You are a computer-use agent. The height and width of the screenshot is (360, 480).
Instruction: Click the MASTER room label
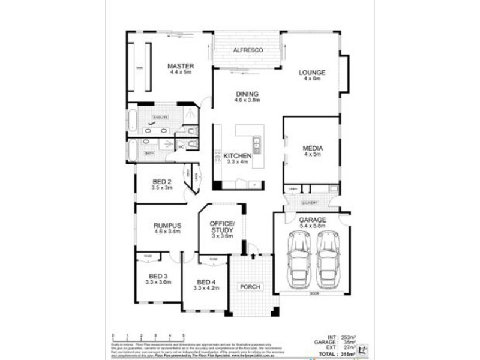(x=179, y=66)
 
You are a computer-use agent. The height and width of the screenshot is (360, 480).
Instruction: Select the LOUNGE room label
(x=312, y=72)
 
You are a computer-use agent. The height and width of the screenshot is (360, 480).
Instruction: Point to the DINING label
(x=247, y=94)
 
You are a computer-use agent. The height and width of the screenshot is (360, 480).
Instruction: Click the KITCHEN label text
(x=237, y=156)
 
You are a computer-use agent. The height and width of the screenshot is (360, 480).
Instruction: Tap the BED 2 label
(x=162, y=182)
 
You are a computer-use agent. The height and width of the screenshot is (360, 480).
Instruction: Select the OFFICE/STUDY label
(x=221, y=227)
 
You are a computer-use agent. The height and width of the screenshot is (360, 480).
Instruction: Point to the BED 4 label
(x=206, y=282)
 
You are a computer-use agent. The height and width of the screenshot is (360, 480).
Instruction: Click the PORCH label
(x=250, y=287)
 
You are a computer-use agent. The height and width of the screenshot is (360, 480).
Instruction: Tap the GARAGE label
(x=312, y=220)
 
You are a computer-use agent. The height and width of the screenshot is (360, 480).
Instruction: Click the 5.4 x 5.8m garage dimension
(x=312, y=226)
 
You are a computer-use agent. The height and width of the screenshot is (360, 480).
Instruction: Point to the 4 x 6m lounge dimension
(x=312, y=78)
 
